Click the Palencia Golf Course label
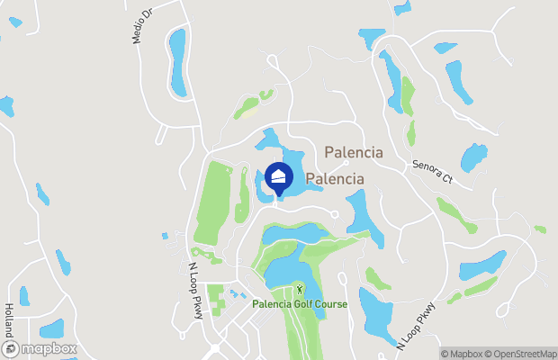tap(300, 304)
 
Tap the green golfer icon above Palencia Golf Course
tap(300, 290)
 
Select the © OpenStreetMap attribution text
tap(524, 354)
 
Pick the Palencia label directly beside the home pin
tap(335, 179)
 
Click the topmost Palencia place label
tap(354, 153)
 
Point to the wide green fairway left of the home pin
tap(216, 202)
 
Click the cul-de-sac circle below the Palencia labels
tap(334, 214)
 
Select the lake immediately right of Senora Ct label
tap(474, 158)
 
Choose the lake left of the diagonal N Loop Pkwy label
tap(375, 310)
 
